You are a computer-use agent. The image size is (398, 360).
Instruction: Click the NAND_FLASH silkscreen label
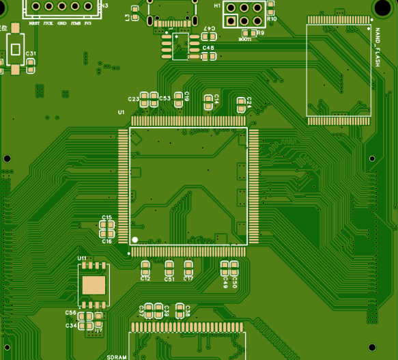375,48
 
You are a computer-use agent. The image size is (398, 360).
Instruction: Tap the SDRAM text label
117,357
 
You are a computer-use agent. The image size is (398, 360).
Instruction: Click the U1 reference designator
121,112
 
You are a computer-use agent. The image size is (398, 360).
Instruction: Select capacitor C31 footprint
31,64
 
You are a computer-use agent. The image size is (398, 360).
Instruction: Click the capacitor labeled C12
145,267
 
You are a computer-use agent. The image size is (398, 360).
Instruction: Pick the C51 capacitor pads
169,267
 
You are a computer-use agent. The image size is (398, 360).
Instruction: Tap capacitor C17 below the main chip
188,267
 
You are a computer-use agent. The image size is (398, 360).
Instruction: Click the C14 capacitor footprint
208,102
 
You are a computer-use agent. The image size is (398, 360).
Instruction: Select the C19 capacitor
179,98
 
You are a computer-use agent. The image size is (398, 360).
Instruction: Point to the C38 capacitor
180,310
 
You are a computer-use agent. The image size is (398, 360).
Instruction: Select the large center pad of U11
94,285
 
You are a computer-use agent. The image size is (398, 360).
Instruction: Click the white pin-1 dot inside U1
135,240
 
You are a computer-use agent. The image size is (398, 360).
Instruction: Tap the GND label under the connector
62,23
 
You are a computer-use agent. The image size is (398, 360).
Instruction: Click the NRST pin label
35,23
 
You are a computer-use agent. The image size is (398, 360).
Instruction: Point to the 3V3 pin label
87,23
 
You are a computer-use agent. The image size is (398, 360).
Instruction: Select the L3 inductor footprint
135,14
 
